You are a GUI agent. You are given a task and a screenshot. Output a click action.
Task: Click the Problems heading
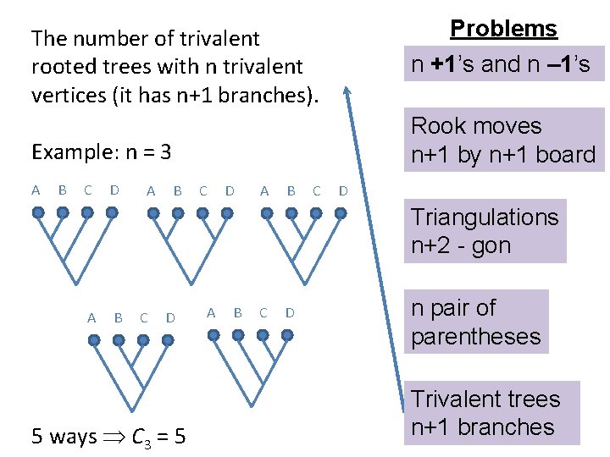(503, 28)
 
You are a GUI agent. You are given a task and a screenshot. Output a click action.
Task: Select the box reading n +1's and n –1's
(503, 64)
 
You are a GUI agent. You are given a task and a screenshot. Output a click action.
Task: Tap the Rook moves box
(503, 140)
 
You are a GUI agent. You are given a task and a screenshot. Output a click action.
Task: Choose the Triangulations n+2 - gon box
(485, 231)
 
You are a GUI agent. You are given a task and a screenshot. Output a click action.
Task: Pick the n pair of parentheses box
(476, 322)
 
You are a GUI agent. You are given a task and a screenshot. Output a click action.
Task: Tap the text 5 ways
(64, 437)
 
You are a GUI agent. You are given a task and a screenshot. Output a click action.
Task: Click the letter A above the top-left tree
(36, 190)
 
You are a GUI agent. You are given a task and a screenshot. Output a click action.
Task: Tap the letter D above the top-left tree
(114, 190)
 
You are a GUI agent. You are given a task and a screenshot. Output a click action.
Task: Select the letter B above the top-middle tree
(177, 191)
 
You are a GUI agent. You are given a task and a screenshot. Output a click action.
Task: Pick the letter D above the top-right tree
(343, 191)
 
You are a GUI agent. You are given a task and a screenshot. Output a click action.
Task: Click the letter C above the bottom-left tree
(144, 318)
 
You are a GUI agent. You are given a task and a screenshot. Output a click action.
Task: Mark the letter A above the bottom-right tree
(211, 313)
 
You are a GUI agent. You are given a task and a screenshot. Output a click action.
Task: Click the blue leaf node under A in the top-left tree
(38, 212)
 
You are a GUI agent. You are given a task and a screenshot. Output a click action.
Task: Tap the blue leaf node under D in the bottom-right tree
(289, 335)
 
